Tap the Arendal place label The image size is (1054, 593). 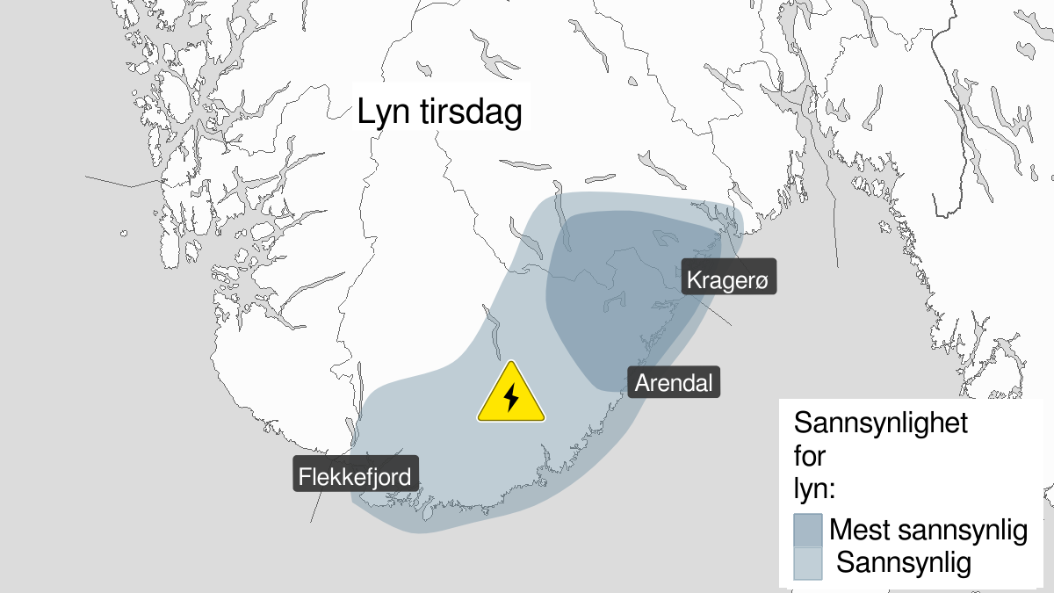click(674, 382)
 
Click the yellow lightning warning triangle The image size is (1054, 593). click(511, 395)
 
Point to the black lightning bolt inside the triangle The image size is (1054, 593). click(511, 398)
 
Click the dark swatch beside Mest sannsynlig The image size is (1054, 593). click(807, 531)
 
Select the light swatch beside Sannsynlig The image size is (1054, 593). click(807, 562)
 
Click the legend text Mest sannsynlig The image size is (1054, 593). click(928, 531)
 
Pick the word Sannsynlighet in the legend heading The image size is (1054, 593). click(880, 423)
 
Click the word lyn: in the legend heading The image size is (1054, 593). click(814, 488)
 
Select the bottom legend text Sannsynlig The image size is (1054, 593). click(904, 562)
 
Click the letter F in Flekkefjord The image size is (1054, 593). click(304, 477)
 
